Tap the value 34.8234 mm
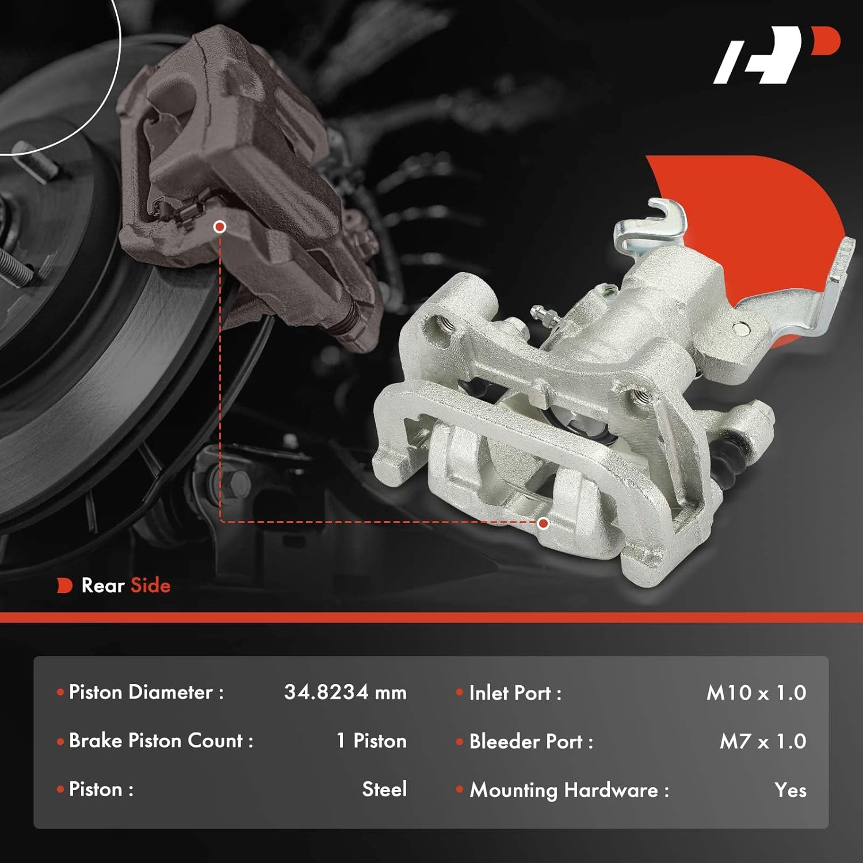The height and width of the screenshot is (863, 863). [x=345, y=692]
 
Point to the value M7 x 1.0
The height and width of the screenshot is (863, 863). [x=763, y=741]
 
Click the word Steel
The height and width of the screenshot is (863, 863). [x=384, y=789]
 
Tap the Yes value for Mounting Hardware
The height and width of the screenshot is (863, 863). [x=790, y=790]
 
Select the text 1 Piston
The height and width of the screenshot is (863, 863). [x=371, y=740]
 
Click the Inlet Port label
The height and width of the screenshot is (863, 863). [x=514, y=693]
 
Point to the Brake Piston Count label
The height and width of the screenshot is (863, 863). [x=161, y=740]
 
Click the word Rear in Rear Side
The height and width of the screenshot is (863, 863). [x=103, y=585]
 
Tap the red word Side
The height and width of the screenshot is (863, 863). [x=151, y=585]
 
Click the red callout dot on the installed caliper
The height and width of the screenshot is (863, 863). [x=219, y=227]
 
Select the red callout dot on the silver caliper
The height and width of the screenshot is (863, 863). [x=543, y=523]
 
